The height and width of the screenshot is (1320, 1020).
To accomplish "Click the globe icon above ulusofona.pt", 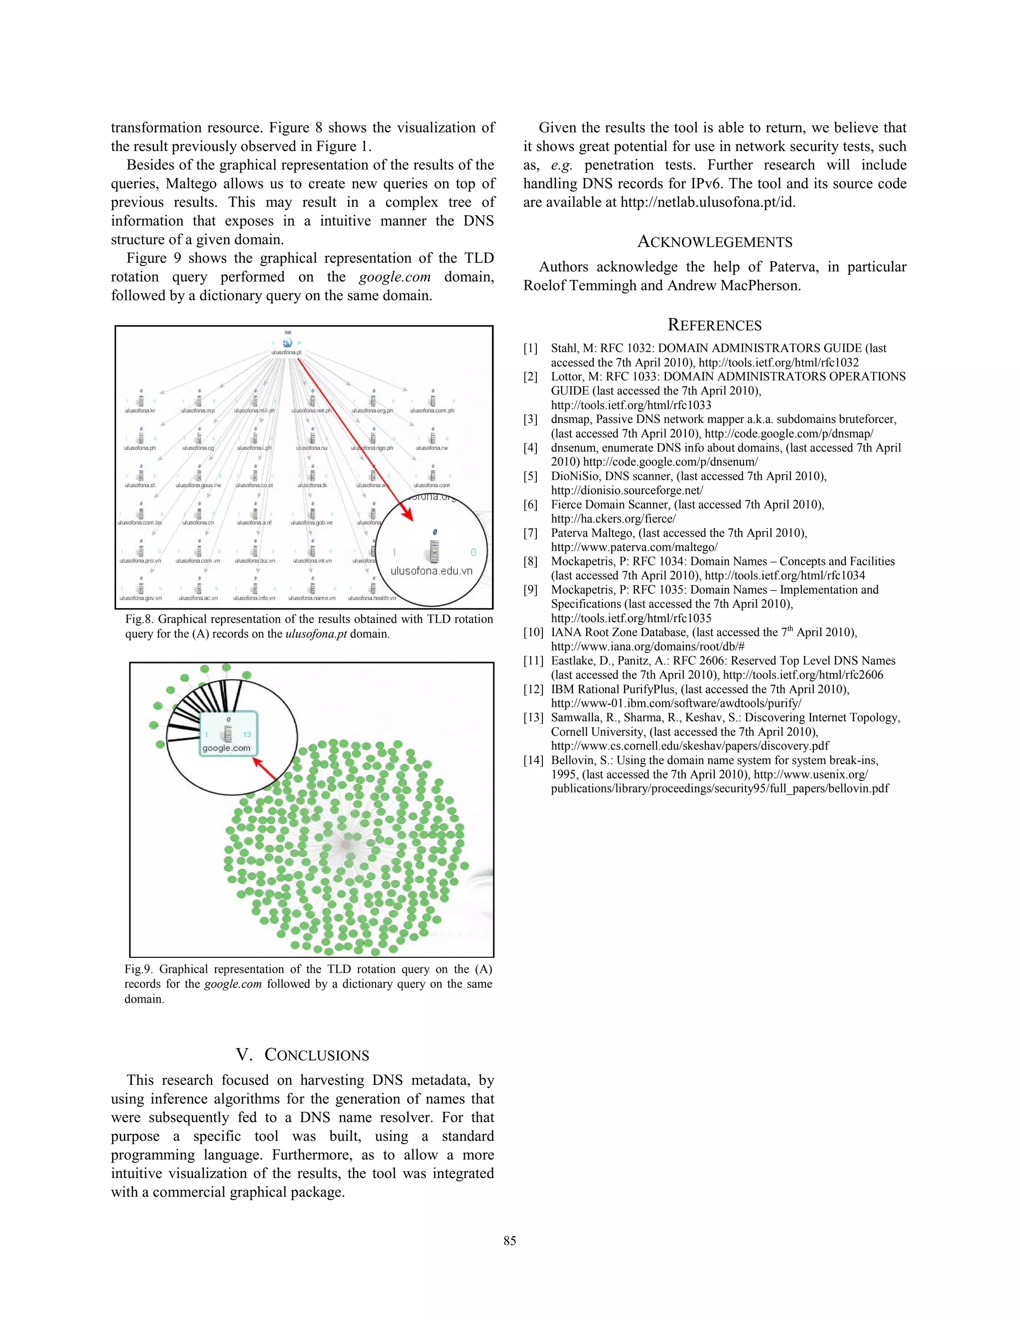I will [x=287, y=342].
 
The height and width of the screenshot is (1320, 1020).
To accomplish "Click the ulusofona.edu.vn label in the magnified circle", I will [x=431, y=570].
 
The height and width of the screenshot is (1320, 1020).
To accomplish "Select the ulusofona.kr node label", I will [x=139, y=411].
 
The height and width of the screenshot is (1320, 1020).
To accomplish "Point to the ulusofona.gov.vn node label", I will [x=140, y=598].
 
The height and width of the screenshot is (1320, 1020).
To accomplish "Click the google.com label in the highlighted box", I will [x=226, y=748].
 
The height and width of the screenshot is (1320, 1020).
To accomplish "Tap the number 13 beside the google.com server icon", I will [x=247, y=734].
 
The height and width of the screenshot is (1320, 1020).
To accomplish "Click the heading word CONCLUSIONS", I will [x=317, y=1056].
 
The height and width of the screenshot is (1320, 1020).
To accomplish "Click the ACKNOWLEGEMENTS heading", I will [x=714, y=243].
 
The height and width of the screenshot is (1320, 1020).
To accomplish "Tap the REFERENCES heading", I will [x=714, y=325].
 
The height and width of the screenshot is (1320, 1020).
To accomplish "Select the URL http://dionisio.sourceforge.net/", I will [x=627, y=490].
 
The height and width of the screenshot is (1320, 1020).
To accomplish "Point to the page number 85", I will [x=510, y=1240].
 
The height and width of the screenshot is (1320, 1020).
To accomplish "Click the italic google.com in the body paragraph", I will [x=394, y=277].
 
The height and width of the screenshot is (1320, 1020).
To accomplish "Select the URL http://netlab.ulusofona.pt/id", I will [x=707, y=202].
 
